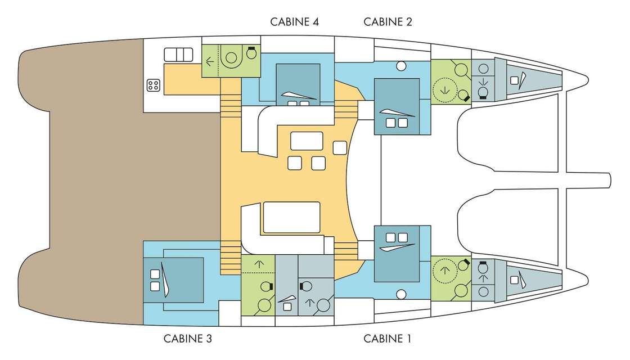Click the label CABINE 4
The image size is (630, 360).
pyautogui.click(x=295, y=22)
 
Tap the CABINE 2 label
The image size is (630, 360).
pyautogui.click(x=388, y=22)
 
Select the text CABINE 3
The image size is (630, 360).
pyautogui.click(x=188, y=339)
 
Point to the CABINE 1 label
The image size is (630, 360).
pyautogui.click(x=388, y=339)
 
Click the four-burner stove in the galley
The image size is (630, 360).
pyautogui.click(x=154, y=85)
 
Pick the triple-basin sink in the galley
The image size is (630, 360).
pyautogui.click(x=178, y=55)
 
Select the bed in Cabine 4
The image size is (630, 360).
pyautogui.click(x=298, y=84)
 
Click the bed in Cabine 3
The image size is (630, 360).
pyautogui.click(x=174, y=280)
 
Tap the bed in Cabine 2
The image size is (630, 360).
pyautogui.click(x=397, y=106)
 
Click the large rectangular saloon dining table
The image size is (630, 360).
pyautogui.click(x=292, y=217)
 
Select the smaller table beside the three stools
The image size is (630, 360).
pyautogui.click(x=307, y=141)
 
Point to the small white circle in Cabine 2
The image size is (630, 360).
pyautogui.click(x=401, y=65)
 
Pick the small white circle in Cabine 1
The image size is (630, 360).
pyautogui.click(x=401, y=295)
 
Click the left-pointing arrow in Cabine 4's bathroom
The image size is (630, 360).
pyautogui.click(x=209, y=62)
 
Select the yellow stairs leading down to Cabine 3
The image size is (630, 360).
pyautogui.click(x=230, y=258)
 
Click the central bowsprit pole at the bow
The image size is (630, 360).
pyautogui.click(x=588, y=178)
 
